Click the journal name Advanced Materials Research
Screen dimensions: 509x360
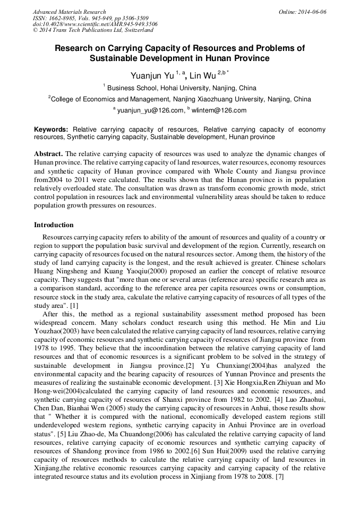tap(69, 12)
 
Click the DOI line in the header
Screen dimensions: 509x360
tap(95, 24)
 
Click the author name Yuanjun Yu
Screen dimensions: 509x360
tap(152, 76)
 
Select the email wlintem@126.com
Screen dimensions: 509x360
tap(219, 110)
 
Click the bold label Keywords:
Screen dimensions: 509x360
tap(51, 130)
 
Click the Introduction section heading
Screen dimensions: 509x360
tap(54, 225)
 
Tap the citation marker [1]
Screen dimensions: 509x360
tap(74, 306)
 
